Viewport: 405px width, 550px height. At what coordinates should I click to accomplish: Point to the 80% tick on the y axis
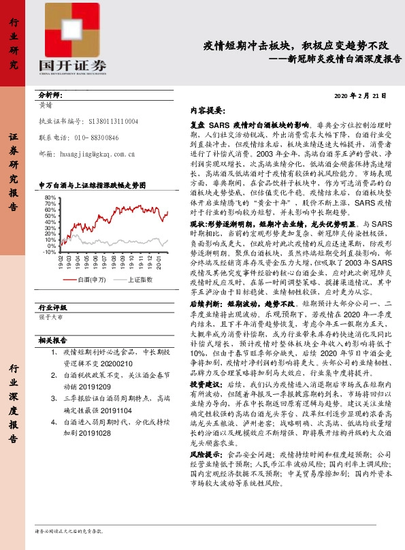(x=49, y=197)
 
